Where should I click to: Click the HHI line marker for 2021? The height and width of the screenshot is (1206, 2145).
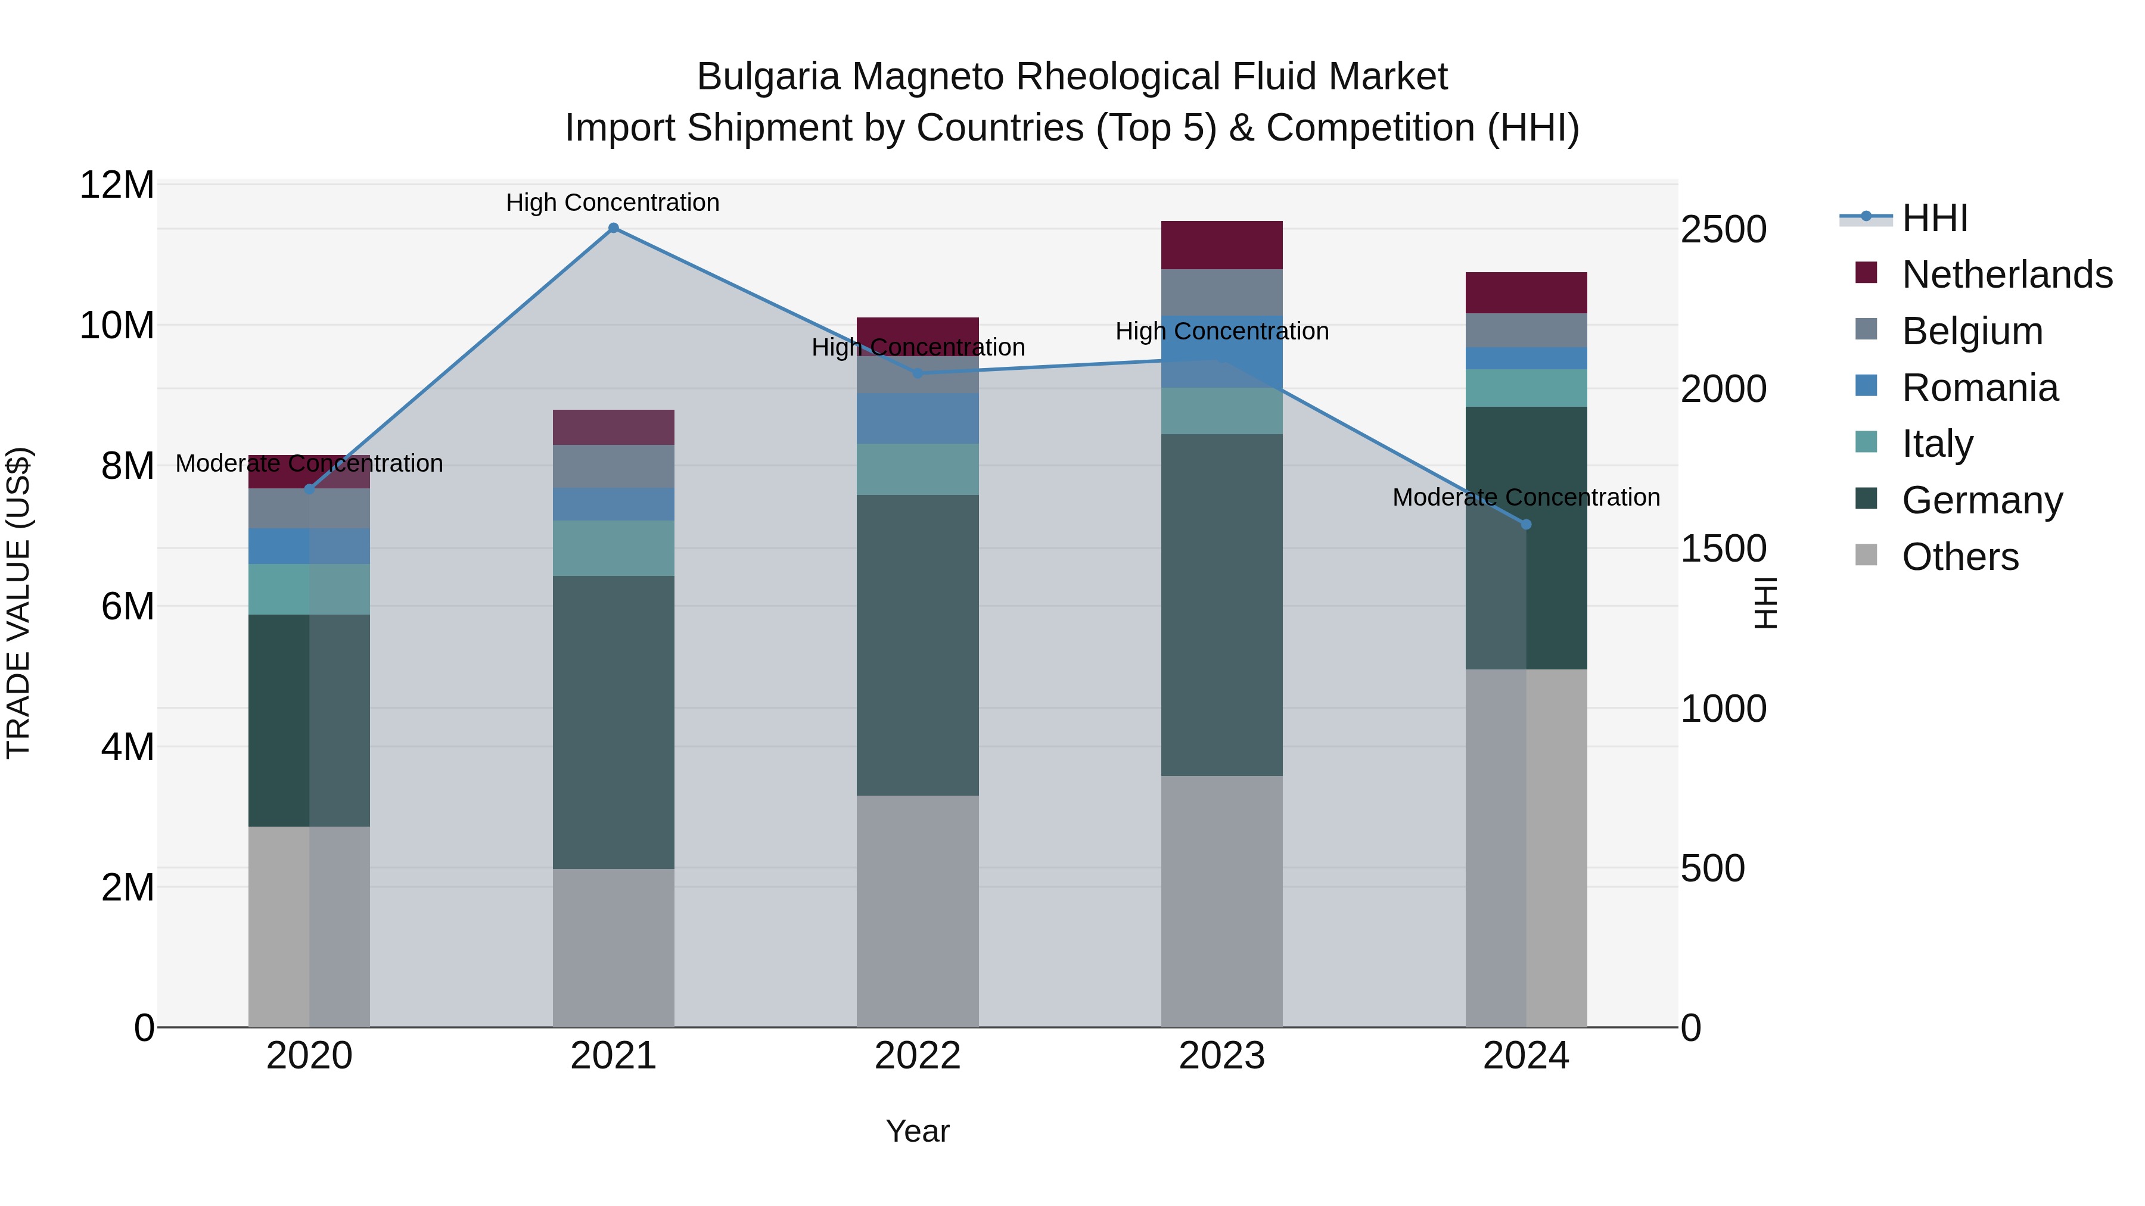[613, 228]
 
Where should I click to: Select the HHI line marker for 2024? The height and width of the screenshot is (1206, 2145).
[1525, 524]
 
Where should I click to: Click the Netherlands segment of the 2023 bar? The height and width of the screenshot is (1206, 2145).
[1221, 245]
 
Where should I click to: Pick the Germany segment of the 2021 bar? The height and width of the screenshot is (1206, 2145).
[613, 722]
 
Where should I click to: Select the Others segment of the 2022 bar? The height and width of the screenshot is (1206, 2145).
[918, 911]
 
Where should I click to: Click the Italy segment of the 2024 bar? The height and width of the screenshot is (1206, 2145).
[1525, 388]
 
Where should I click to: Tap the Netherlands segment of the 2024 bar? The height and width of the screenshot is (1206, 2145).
[1525, 292]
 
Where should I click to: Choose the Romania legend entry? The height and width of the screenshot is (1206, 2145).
[1979, 388]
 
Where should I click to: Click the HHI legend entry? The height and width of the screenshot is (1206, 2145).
[1934, 218]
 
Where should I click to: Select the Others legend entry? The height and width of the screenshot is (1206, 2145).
[1959, 557]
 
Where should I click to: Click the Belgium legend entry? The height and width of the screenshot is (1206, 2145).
[1972, 331]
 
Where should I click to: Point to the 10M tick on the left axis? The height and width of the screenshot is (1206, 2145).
[117, 325]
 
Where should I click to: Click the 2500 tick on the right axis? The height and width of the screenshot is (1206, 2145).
[1723, 230]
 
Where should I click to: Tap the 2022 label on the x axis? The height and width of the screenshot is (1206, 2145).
[918, 1056]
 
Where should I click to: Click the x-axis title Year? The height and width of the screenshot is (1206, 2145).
[918, 1131]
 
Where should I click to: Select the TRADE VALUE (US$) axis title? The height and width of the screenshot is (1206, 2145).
[18, 603]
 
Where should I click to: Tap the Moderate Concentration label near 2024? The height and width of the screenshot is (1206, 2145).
[1525, 497]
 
